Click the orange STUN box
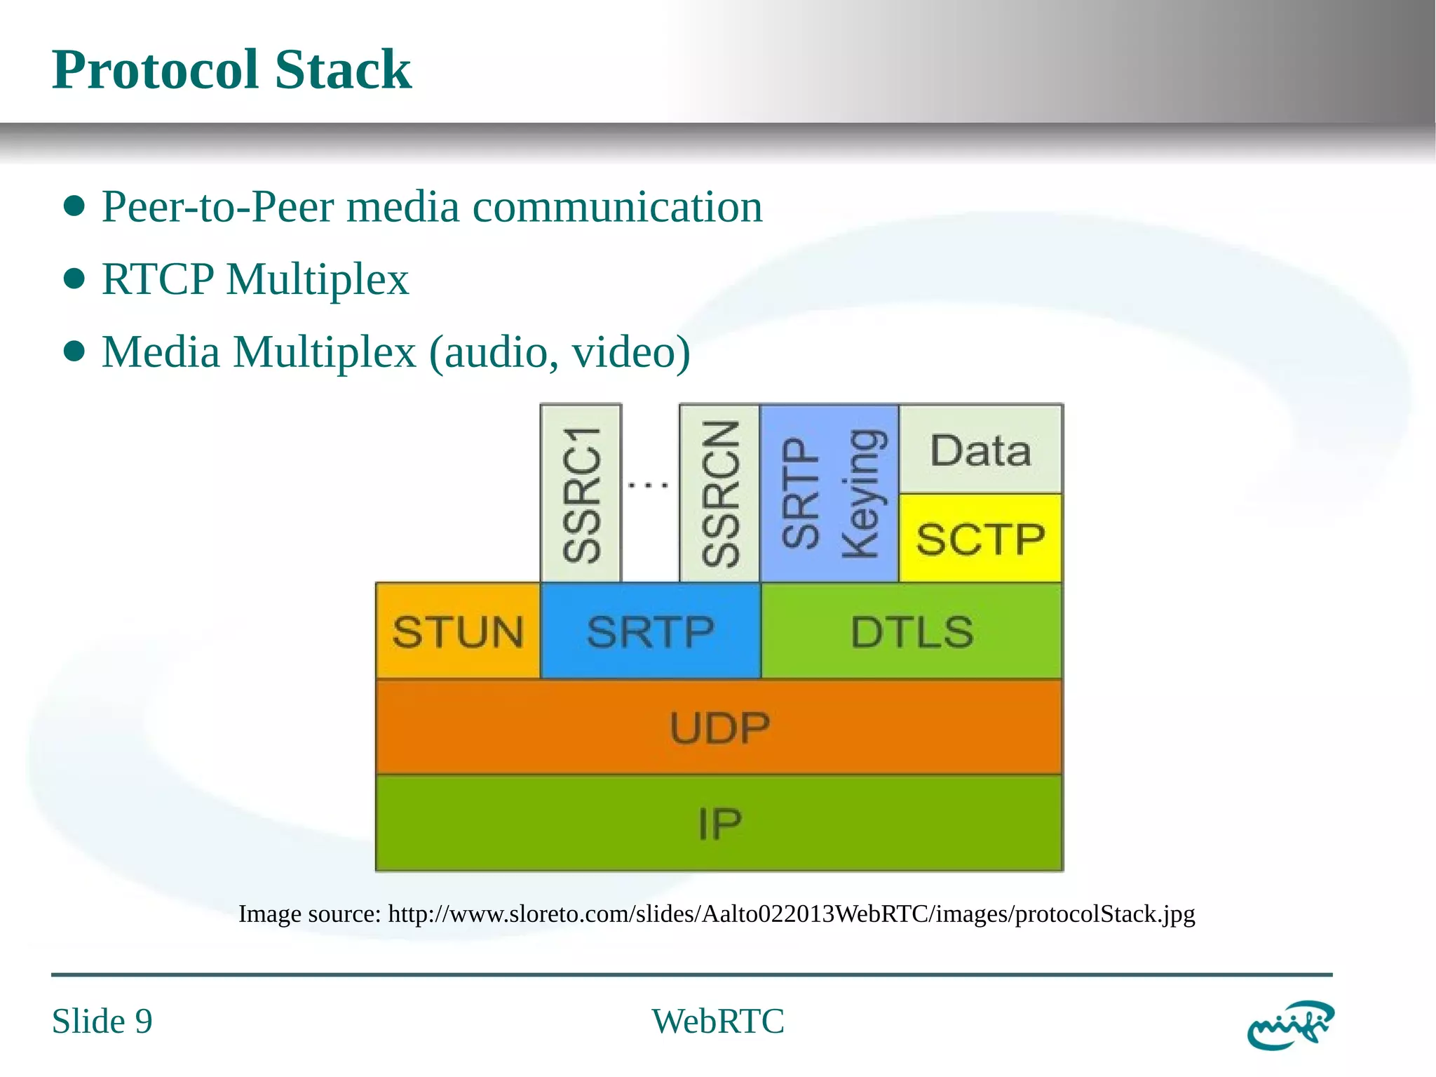(x=458, y=631)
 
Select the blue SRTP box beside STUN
(x=650, y=631)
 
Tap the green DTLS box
(x=912, y=631)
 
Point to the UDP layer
(x=719, y=727)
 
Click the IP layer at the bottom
(x=719, y=823)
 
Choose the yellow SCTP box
(x=980, y=538)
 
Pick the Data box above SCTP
(x=980, y=450)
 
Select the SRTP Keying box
(x=829, y=493)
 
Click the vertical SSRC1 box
(x=581, y=493)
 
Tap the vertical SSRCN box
(x=720, y=493)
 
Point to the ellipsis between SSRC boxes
(x=648, y=484)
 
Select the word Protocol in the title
(x=157, y=69)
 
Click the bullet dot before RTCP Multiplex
(x=74, y=279)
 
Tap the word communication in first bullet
(x=617, y=207)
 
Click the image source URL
(x=791, y=914)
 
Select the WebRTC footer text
(x=718, y=1021)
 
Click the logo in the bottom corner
(x=1290, y=1024)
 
